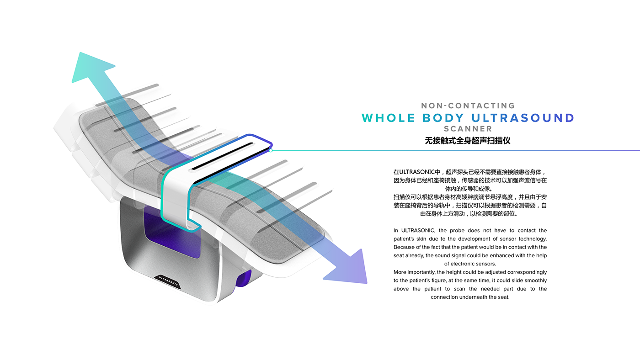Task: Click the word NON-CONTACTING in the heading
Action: click(468, 106)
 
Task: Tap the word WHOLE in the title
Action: click(389, 118)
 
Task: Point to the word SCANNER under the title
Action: click(468, 129)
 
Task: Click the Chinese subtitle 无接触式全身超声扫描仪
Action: click(468, 141)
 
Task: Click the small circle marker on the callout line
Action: click(271, 150)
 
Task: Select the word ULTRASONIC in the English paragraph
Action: click(418, 231)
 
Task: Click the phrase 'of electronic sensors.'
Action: click(470, 264)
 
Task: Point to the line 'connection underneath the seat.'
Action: click(470, 297)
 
